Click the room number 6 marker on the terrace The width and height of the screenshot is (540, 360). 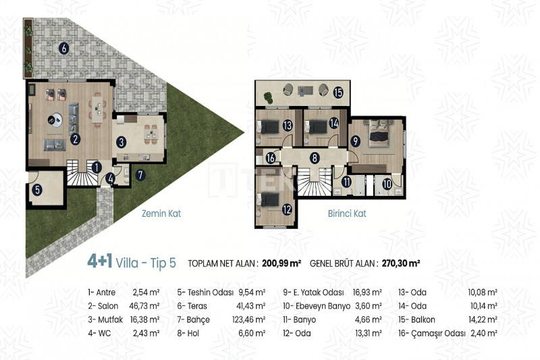(x=63, y=48)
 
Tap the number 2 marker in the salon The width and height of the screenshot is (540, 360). (x=75, y=139)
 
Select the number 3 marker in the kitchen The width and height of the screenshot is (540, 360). (x=121, y=142)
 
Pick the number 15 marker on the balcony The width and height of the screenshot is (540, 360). (x=338, y=92)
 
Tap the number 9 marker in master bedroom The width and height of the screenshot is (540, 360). (x=355, y=141)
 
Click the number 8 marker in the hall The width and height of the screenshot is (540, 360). (x=315, y=158)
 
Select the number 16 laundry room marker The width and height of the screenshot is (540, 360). (x=271, y=158)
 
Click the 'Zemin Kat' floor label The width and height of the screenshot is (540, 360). (x=161, y=213)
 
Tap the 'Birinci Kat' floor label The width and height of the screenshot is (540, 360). (x=347, y=213)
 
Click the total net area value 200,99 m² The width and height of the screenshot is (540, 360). (x=281, y=263)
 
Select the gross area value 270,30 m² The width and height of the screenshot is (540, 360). (x=400, y=263)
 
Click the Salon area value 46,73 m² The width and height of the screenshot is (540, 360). (x=144, y=306)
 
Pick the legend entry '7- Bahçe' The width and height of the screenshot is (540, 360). (x=193, y=320)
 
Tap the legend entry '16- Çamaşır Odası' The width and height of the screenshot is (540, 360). (x=432, y=334)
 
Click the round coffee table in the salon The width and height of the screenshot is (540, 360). (x=55, y=120)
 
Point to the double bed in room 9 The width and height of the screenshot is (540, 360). (x=379, y=132)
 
